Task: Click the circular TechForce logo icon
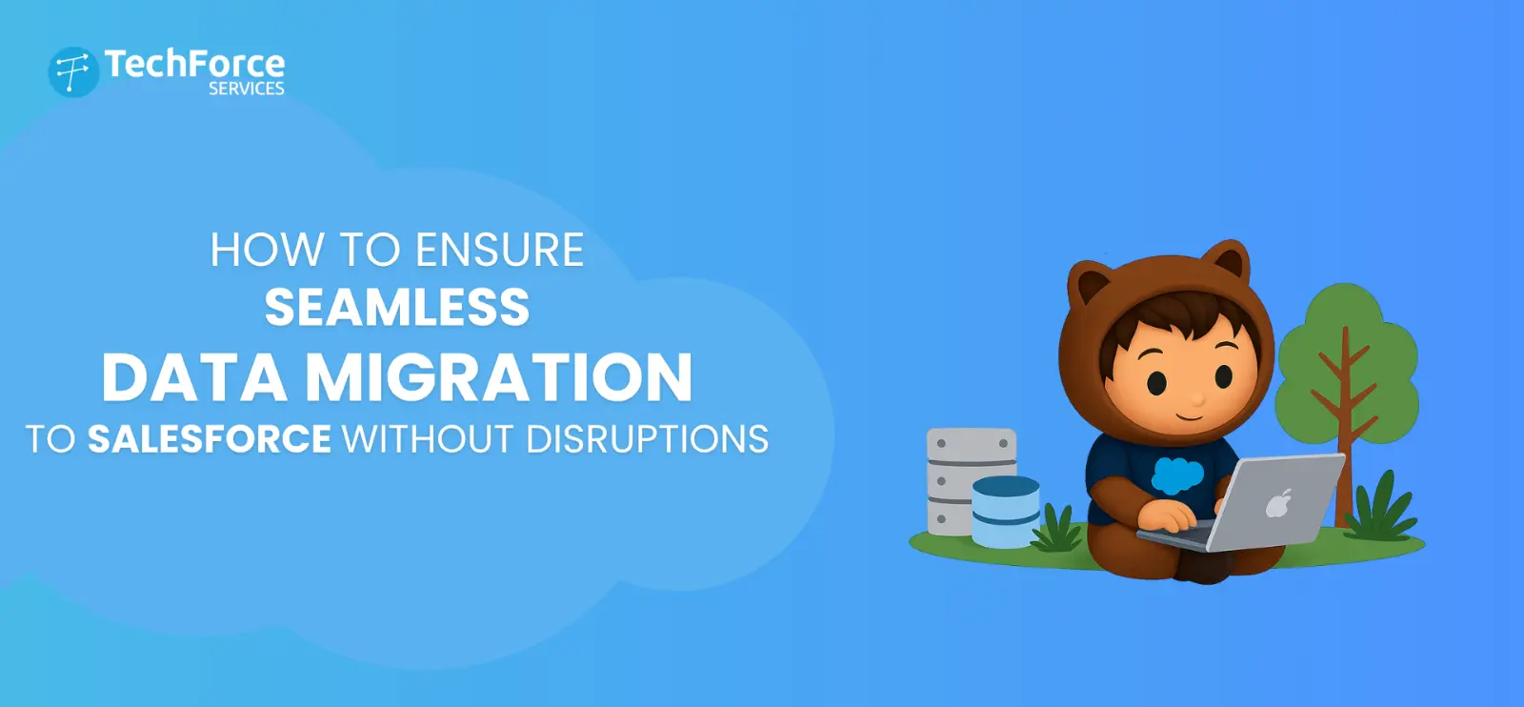click(73, 72)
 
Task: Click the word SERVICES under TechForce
click(247, 89)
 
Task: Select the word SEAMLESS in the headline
click(396, 308)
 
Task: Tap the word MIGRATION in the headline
click(498, 377)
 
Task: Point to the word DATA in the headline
click(194, 377)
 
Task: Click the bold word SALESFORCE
click(210, 439)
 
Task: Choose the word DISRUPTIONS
click(647, 439)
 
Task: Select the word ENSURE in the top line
click(499, 251)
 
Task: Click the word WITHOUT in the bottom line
click(428, 439)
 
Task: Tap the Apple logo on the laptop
click(1278, 502)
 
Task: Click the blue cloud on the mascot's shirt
click(1177, 474)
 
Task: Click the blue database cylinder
click(1006, 512)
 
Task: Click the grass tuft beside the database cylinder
click(1057, 530)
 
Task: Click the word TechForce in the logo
click(194, 64)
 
